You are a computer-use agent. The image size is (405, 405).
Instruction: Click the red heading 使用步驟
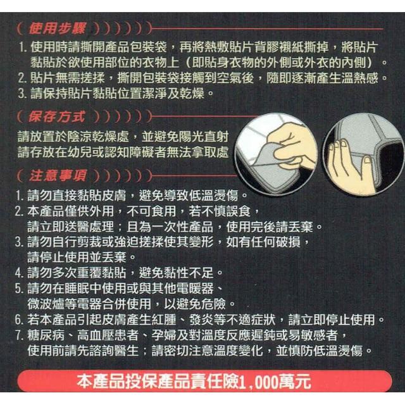pyautogui.click(x=57, y=28)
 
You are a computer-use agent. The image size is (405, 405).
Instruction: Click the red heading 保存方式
pyautogui.click(x=57, y=117)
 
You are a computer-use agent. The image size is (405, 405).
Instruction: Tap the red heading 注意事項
pyautogui.click(x=58, y=176)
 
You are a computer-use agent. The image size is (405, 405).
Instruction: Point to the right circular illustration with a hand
pyautogui.click(x=364, y=154)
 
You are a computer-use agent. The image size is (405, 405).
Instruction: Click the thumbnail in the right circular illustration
pyautogui.click(x=367, y=161)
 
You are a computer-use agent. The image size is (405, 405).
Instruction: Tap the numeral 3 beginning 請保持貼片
pyautogui.click(x=22, y=94)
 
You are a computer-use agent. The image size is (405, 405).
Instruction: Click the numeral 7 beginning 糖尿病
pyautogui.click(x=18, y=335)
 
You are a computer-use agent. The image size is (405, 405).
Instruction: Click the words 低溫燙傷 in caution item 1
pyautogui.click(x=213, y=196)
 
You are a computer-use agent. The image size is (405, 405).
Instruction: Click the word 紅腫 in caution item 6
pyautogui.click(x=163, y=320)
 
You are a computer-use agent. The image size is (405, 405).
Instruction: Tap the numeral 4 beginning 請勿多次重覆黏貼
pyautogui.click(x=18, y=273)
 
